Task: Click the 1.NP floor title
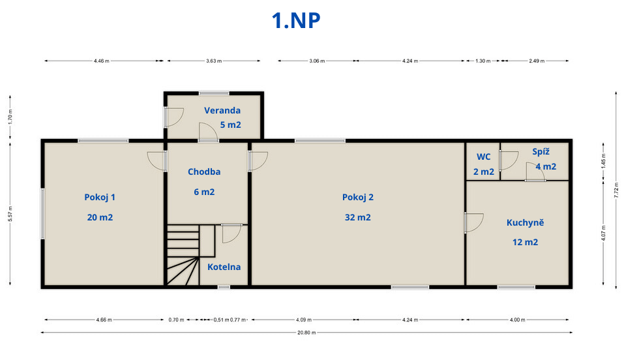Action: coord(296,21)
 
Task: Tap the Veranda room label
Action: coord(222,111)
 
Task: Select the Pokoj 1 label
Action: coord(100,197)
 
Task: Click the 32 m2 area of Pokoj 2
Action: coord(358,218)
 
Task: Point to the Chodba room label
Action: coord(204,172)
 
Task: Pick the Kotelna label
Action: coord(224,267)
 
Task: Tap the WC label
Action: coord(483,157)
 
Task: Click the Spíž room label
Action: coord(541,152)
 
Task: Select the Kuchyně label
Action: coord(525,222)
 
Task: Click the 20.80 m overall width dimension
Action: coord(306,333)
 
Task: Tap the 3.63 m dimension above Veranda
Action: coord(214,61)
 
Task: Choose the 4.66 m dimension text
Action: coord(104,320)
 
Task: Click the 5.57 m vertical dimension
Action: coord(10,214)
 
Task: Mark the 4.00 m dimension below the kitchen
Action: coord(517,320)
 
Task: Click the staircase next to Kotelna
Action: coord(183,255)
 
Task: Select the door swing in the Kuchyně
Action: coord(474,222)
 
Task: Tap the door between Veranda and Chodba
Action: coord(208,132)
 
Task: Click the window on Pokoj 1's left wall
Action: coord(42,214)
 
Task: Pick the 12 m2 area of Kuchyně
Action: coord(525,242)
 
